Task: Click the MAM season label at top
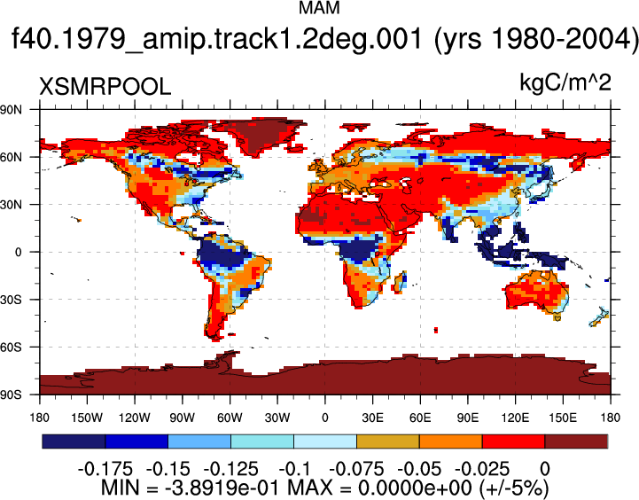coord(319,7)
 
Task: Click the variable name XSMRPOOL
coord(105,87)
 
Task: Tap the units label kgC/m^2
coord(565,82)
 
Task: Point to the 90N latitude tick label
coord(11,109)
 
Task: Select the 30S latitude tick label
coord(11,300)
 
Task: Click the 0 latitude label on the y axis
coord(19,253)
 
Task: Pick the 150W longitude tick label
coord(87,418)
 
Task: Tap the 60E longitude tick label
coord(420,418)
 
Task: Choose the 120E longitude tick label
coord(515,418)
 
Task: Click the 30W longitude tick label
coord(277,418)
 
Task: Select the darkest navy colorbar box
coord(74,441)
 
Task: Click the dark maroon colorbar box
coord(576,441)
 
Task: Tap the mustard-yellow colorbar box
coord(388,441)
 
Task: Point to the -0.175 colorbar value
coord(105,469)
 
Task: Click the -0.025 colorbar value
coord(482,469)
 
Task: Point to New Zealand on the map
coord(599,317)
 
